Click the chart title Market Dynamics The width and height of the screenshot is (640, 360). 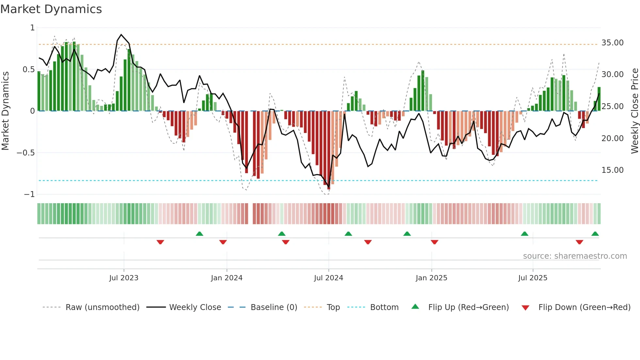pyautogui.click(x=51, y=9)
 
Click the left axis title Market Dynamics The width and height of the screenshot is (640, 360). pyautogui.click(x=5, y=111)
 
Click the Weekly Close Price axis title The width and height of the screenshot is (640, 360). pyautogui.click(x=634, y=111)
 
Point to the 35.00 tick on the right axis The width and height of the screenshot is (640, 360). pyautogui.click(x=612, y=43)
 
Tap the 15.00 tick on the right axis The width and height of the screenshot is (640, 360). pyautogui.click(x=612, y=170)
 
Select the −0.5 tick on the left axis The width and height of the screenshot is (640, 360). pyautogui.click(x=25, y=153)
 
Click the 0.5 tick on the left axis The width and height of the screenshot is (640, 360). pyautogui.click(x=28, y=70)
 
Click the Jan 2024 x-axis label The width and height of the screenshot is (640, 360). pyautogui.click(x=227, y=278)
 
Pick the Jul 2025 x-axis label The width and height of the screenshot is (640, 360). pyautogui.click(x=533, y=278)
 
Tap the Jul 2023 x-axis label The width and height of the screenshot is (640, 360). pyautogui.click(x=124, y=278)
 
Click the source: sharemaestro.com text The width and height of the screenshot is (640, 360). pyautogui.click(x=575, y=256)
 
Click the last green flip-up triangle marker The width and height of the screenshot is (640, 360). pyautogui.click(x=595, y=234)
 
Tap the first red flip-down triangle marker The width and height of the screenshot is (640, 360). pyautogui.click(x=160, y=242)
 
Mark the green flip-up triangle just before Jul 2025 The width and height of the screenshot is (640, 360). pyautogui.click(x=524, y=234)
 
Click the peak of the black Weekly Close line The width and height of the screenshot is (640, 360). pyautogui.click(x=121, y=34)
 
